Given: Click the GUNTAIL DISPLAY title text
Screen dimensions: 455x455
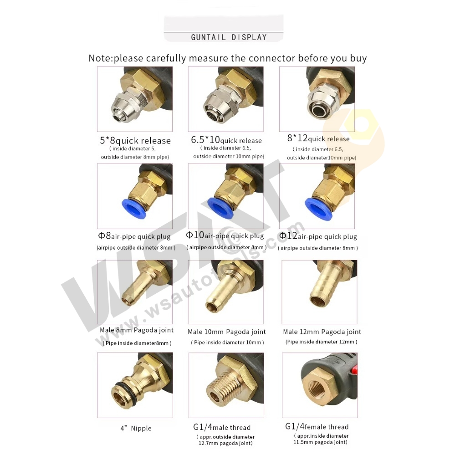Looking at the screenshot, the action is [229, 37].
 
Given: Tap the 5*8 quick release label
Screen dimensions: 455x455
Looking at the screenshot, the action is [135, 140].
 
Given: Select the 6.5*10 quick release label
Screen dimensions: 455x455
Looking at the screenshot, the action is [226, 140].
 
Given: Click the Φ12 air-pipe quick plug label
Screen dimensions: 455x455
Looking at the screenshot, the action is [318, 236].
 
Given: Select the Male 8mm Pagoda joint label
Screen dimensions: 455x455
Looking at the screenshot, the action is [136, 330].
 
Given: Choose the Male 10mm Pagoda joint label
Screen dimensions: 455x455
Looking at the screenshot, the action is [227, 332].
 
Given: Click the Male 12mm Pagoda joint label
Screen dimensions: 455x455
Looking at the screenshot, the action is [322, 332].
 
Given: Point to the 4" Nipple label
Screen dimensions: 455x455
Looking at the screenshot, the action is [136, 428].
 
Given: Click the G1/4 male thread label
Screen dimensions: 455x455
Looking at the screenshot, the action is [222, 427].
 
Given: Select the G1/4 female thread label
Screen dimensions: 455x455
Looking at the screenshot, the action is [317, 426].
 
